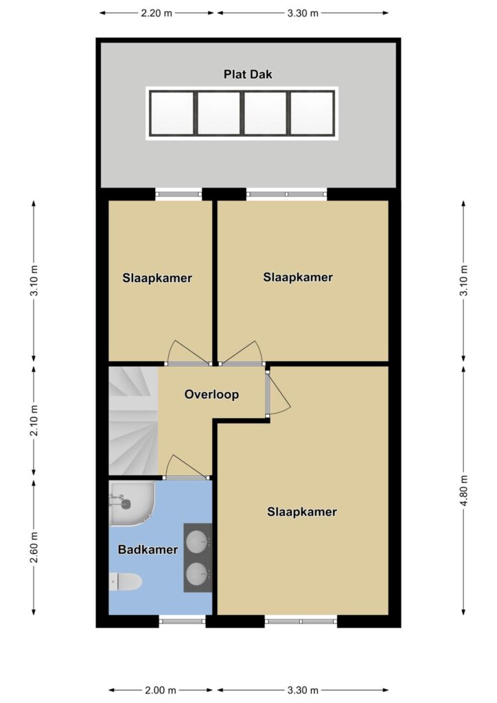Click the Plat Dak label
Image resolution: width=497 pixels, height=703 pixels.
tap(248, 74)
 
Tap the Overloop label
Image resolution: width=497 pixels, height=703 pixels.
tap(211, 395)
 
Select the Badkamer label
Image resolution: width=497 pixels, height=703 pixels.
tap(148, 549)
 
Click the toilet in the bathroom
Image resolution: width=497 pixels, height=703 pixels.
tap(126, 582)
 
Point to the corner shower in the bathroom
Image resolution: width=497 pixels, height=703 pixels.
tap(132, 503)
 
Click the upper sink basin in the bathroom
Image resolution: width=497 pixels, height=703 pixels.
tap(197, 542)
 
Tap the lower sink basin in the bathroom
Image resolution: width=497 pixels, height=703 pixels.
tap(197, 574)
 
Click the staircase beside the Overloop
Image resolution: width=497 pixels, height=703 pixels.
tap(134, 421)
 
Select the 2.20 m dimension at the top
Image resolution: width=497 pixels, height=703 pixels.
tap(157, 13)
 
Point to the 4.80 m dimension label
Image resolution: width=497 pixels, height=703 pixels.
tap(464, 490)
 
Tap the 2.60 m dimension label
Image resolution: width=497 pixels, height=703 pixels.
tap(34, 548)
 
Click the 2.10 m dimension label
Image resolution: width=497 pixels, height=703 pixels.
tap(34, 420)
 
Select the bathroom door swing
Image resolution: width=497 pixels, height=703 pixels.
tap(187, 467)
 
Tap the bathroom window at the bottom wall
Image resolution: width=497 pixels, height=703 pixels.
tap(182, 621)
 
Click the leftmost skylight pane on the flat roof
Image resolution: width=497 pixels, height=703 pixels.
tap(172, 113)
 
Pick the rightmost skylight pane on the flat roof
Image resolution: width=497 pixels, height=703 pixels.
tap(312, 113)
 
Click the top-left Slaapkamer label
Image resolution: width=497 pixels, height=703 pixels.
tap(157, 278)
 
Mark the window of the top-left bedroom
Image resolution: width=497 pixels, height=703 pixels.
tap(178, 194)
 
